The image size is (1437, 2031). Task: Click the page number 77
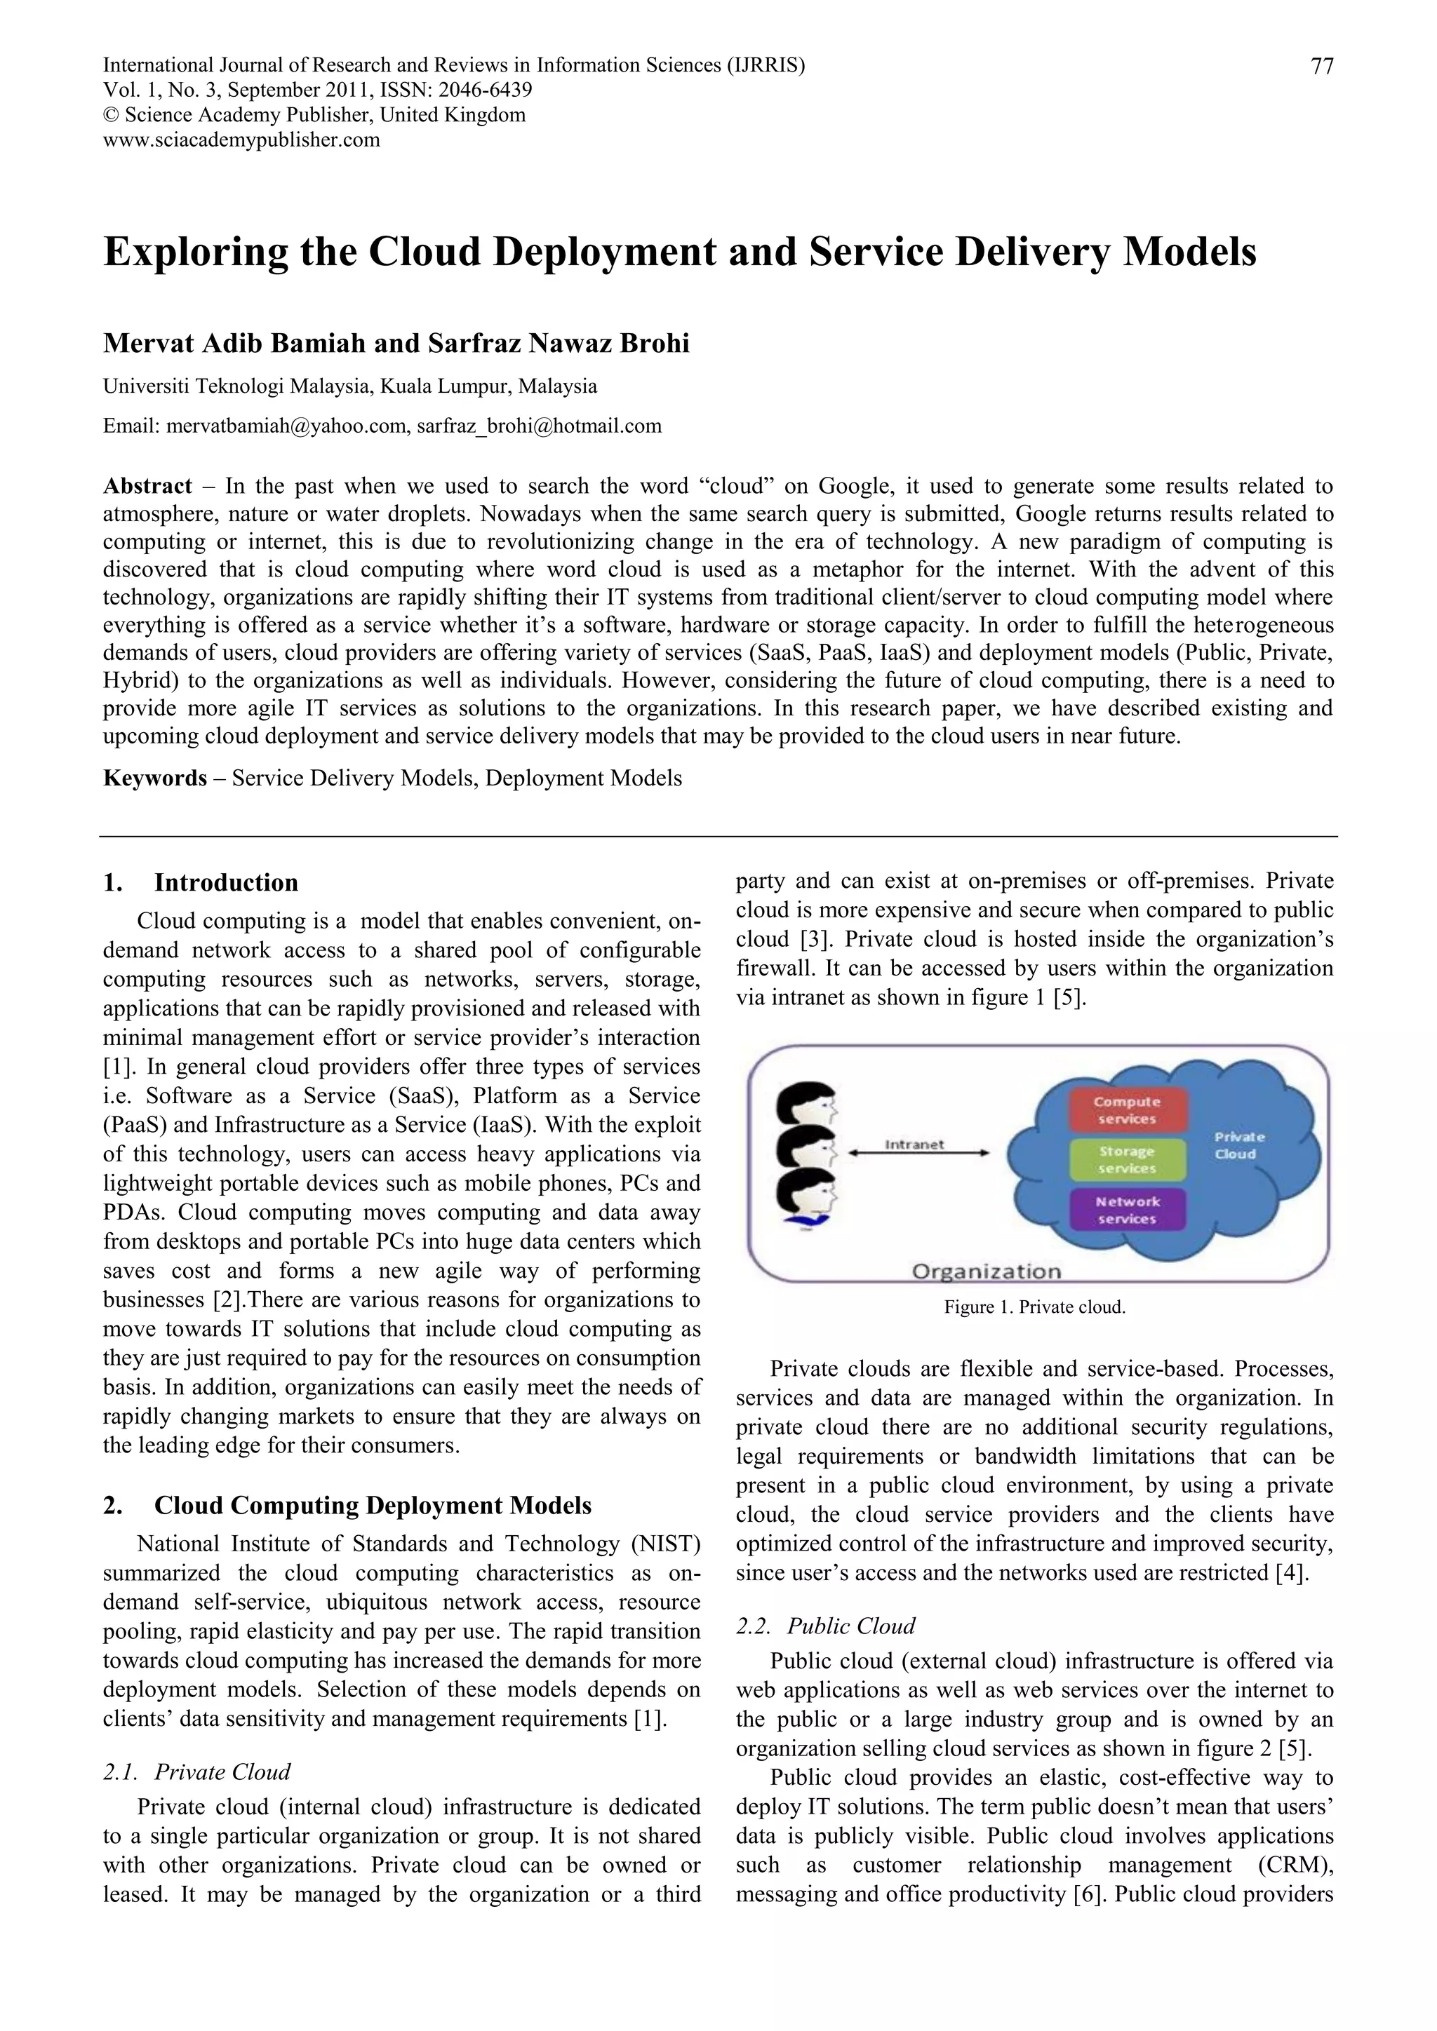click(1321, 67)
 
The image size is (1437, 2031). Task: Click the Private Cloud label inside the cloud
click(1239, 1145)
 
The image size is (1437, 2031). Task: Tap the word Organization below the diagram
click(986, 1271)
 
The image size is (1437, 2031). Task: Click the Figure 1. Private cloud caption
click(1034, 1307)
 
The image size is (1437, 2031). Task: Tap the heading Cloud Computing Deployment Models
click(373, 1506)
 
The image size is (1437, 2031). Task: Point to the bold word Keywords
click(155, 778)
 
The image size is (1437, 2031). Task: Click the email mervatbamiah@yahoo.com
click(286, 426)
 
